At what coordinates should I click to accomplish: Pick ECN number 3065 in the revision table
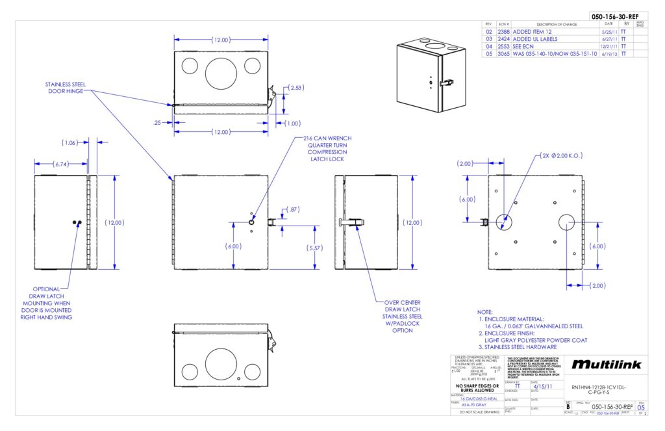tap(503, 54)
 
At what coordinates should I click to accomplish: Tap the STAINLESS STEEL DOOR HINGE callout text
tap(65, 88)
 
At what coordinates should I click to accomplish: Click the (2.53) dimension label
tap(295, 87)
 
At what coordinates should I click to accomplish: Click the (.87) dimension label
tap(294, 209)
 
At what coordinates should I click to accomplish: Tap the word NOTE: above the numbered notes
tap(485, 313)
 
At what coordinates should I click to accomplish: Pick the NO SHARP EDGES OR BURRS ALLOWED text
tap(479, 388)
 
